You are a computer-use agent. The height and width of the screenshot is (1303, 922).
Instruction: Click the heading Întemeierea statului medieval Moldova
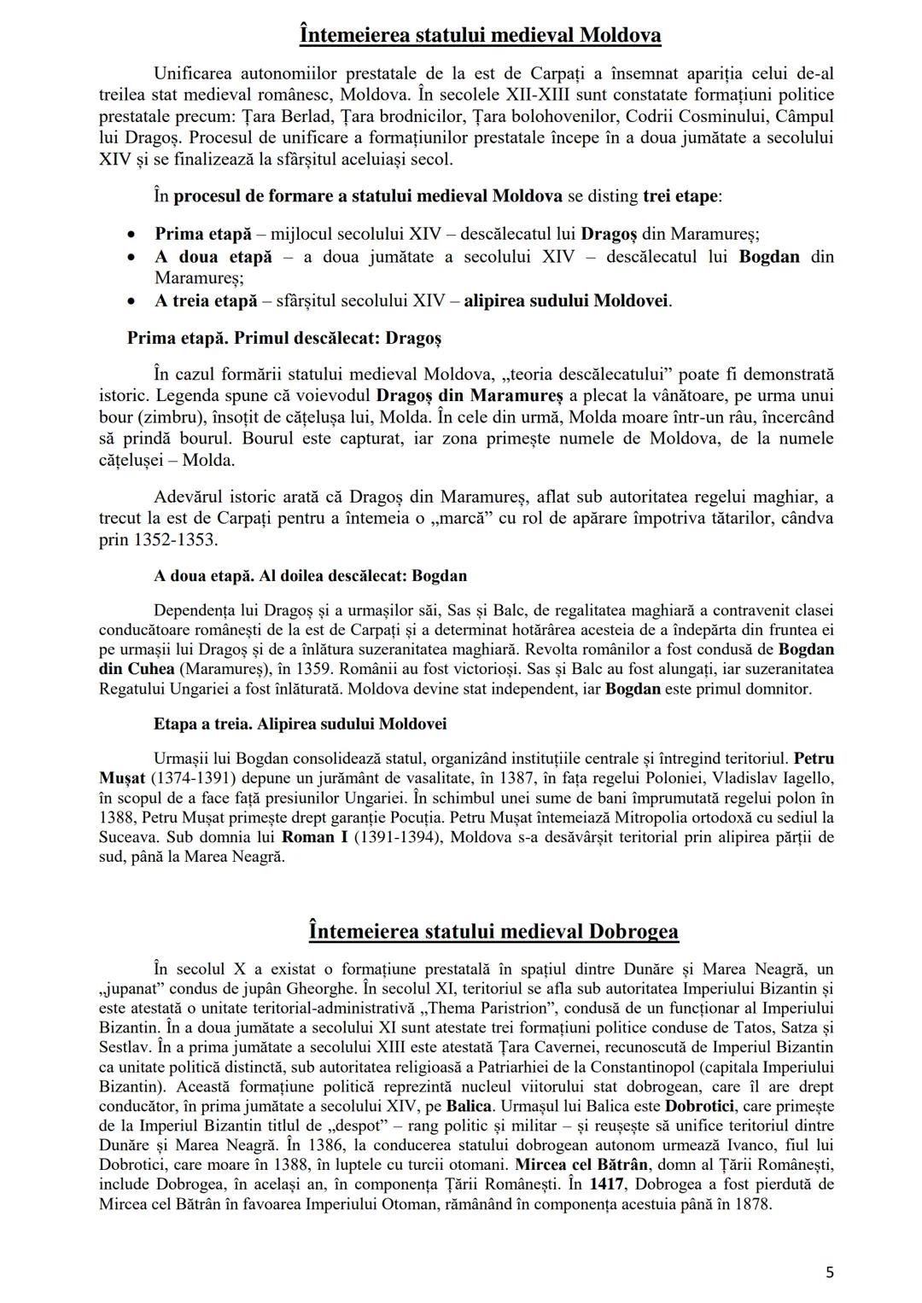(x=481, y=36)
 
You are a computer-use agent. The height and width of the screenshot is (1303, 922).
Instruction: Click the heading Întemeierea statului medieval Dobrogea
(x=493, y=930)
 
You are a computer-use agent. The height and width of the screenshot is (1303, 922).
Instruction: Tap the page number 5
(x=829, y=1272)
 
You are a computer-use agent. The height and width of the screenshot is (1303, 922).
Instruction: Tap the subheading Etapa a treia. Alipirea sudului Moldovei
(x=300, y=724)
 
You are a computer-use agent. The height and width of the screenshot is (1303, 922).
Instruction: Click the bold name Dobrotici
(x=700, y=1107)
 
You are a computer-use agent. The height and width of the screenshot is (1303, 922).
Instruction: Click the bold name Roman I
(x=314, y=837)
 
